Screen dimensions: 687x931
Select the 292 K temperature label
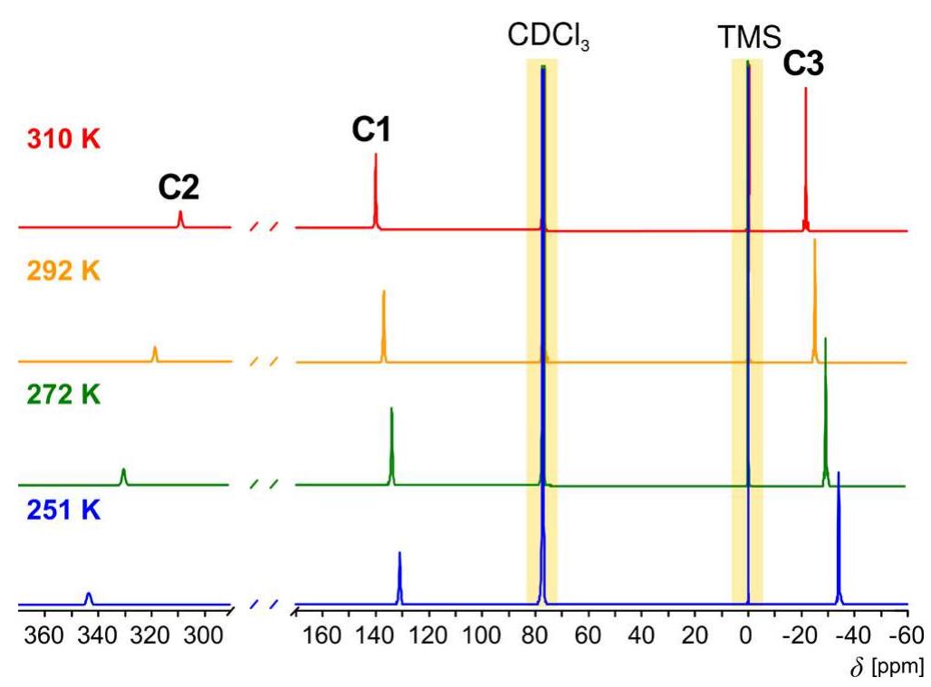[63, 271]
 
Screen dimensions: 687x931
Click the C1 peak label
[371, 132]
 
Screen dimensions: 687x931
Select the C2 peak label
[178, 187]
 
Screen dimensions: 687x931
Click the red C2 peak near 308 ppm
[180, 219]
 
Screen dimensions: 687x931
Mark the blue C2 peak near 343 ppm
[89, 597]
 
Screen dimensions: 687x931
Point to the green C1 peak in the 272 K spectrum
[391, 444]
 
